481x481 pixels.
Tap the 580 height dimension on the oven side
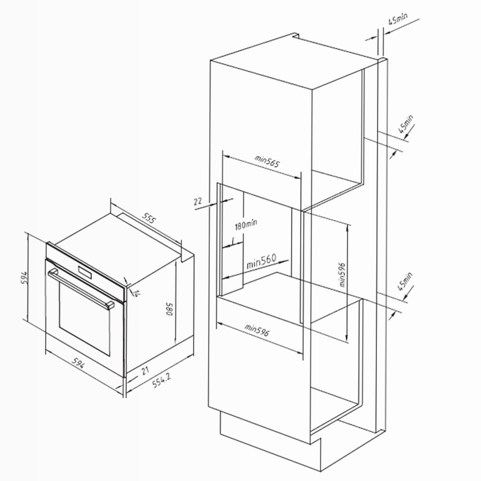[170, 309]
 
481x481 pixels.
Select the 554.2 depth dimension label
[161, 381]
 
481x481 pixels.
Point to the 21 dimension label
[145, 370]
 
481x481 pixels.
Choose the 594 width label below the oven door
[78, 363]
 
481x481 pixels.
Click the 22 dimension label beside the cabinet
[198, 201]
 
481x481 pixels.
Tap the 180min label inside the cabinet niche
[246, 224]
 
